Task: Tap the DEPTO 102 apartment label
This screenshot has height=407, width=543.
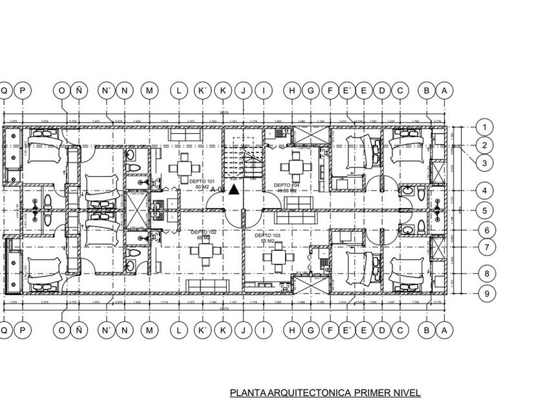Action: tap(202, 231)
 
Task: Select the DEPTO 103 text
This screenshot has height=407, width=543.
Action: tap(267, 236)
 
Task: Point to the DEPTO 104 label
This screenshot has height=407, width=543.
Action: tap(287, 185)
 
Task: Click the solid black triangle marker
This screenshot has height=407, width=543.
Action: tap(233, 189)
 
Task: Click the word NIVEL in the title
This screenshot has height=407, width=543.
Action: tap(410, 392)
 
